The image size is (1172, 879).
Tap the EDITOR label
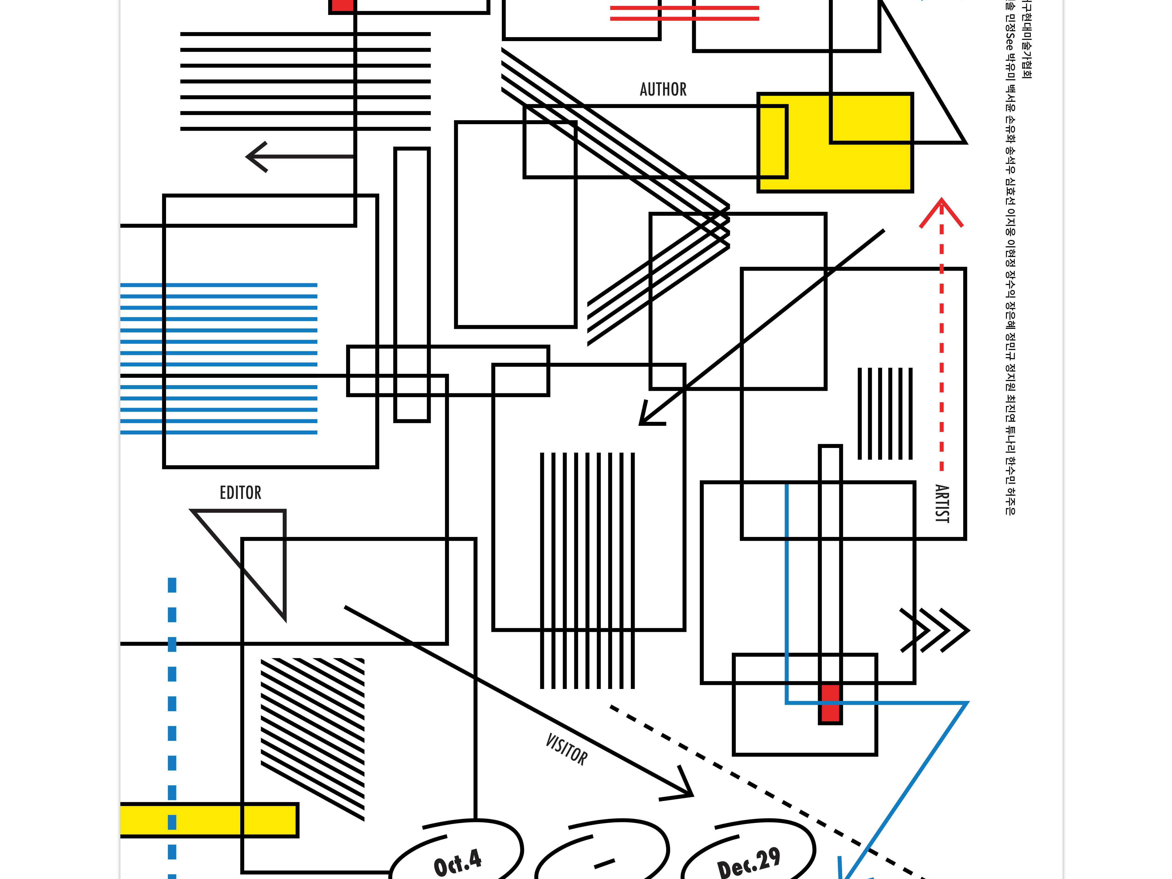[241, 493]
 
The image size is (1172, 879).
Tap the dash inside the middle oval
[604, 864]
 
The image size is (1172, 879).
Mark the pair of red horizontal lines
[685, 13]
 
